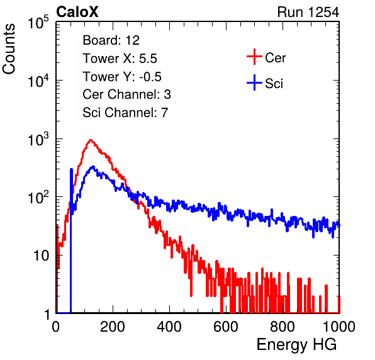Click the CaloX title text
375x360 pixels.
(77, 12)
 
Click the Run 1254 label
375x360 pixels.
(308, 12)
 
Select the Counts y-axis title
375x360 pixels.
(9, 49)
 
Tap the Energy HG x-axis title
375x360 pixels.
(296, 345)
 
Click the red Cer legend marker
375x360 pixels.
(254, 57)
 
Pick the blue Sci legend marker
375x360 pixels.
(254, 83)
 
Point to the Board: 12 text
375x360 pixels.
(111, 40)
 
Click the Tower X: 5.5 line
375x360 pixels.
(120, 59)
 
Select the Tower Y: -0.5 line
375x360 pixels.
(122, 77)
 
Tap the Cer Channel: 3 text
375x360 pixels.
(126, 94)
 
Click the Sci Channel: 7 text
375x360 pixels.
(125, 113)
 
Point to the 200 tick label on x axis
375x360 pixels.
(113, 327)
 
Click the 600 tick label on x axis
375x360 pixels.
(226, 327)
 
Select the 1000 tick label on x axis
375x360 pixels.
(339, 327)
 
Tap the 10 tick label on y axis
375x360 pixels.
(41, 256)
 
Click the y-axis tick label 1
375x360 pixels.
(47, 314)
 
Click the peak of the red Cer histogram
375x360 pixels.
(91, 140)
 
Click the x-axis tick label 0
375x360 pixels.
(56, 327)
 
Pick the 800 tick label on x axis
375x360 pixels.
(283, 327)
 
